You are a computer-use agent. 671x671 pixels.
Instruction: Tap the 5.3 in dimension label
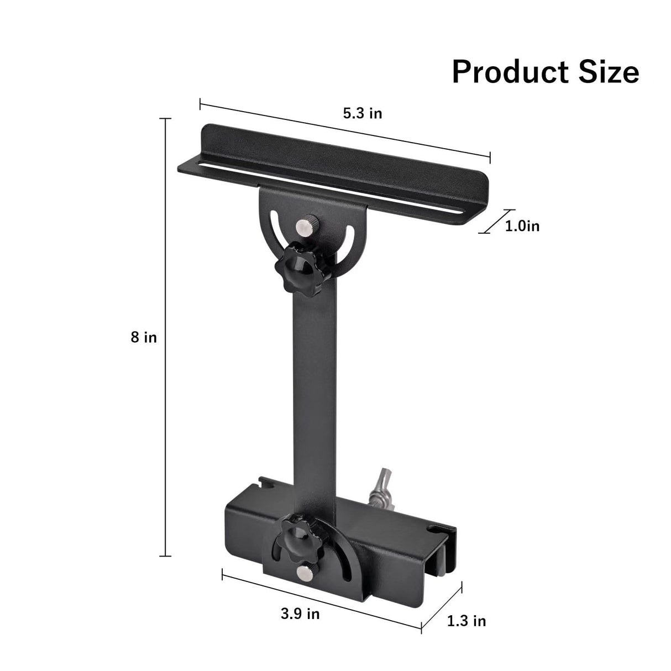[x=362, y=113]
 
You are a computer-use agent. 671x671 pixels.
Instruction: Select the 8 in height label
[x=144, y=337]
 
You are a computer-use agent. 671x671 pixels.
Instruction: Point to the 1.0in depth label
[x=522, y=226]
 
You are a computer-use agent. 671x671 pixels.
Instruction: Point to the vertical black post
[x=311, y=387]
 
